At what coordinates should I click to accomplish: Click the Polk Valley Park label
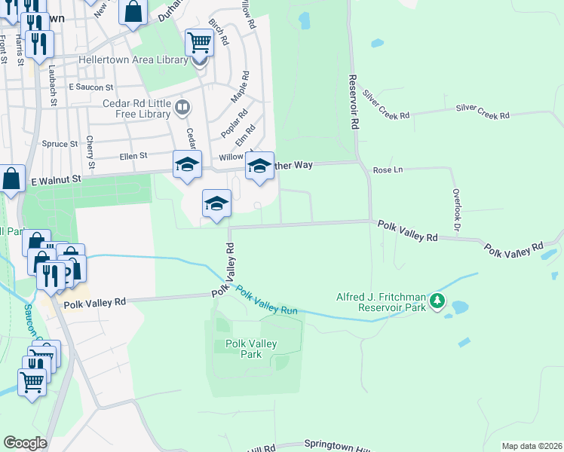click(251, 349)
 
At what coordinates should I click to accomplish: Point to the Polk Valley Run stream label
click(266, 300)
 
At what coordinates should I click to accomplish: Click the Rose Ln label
click(388, 171)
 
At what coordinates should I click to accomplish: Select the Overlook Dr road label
click(455, 209)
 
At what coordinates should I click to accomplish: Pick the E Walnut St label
click(55, 180)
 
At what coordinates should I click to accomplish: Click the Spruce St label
click(60, 143)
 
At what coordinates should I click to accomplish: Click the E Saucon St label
click(90, 87)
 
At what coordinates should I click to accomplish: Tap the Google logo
click(25, 443)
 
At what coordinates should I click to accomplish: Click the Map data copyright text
click(532, 446)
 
